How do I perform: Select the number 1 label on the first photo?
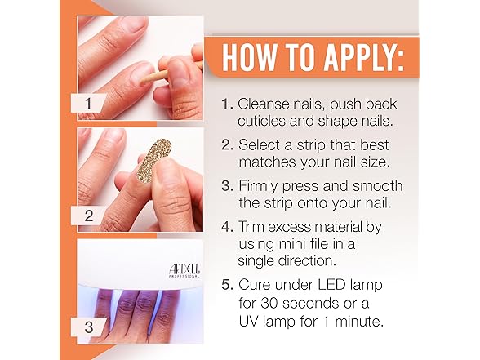click(x=88, y=103)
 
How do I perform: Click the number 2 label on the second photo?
click(x=89, y=216)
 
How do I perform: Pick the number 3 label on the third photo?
click(x=89, y=327)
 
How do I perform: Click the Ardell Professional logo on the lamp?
click(x=184, y=270)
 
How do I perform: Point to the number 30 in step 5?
click(x=269, y=304)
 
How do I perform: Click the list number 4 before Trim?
click(x=226, y=227)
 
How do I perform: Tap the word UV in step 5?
click(x=247, y=322)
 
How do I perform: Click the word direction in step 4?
click(x=307, y=261)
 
